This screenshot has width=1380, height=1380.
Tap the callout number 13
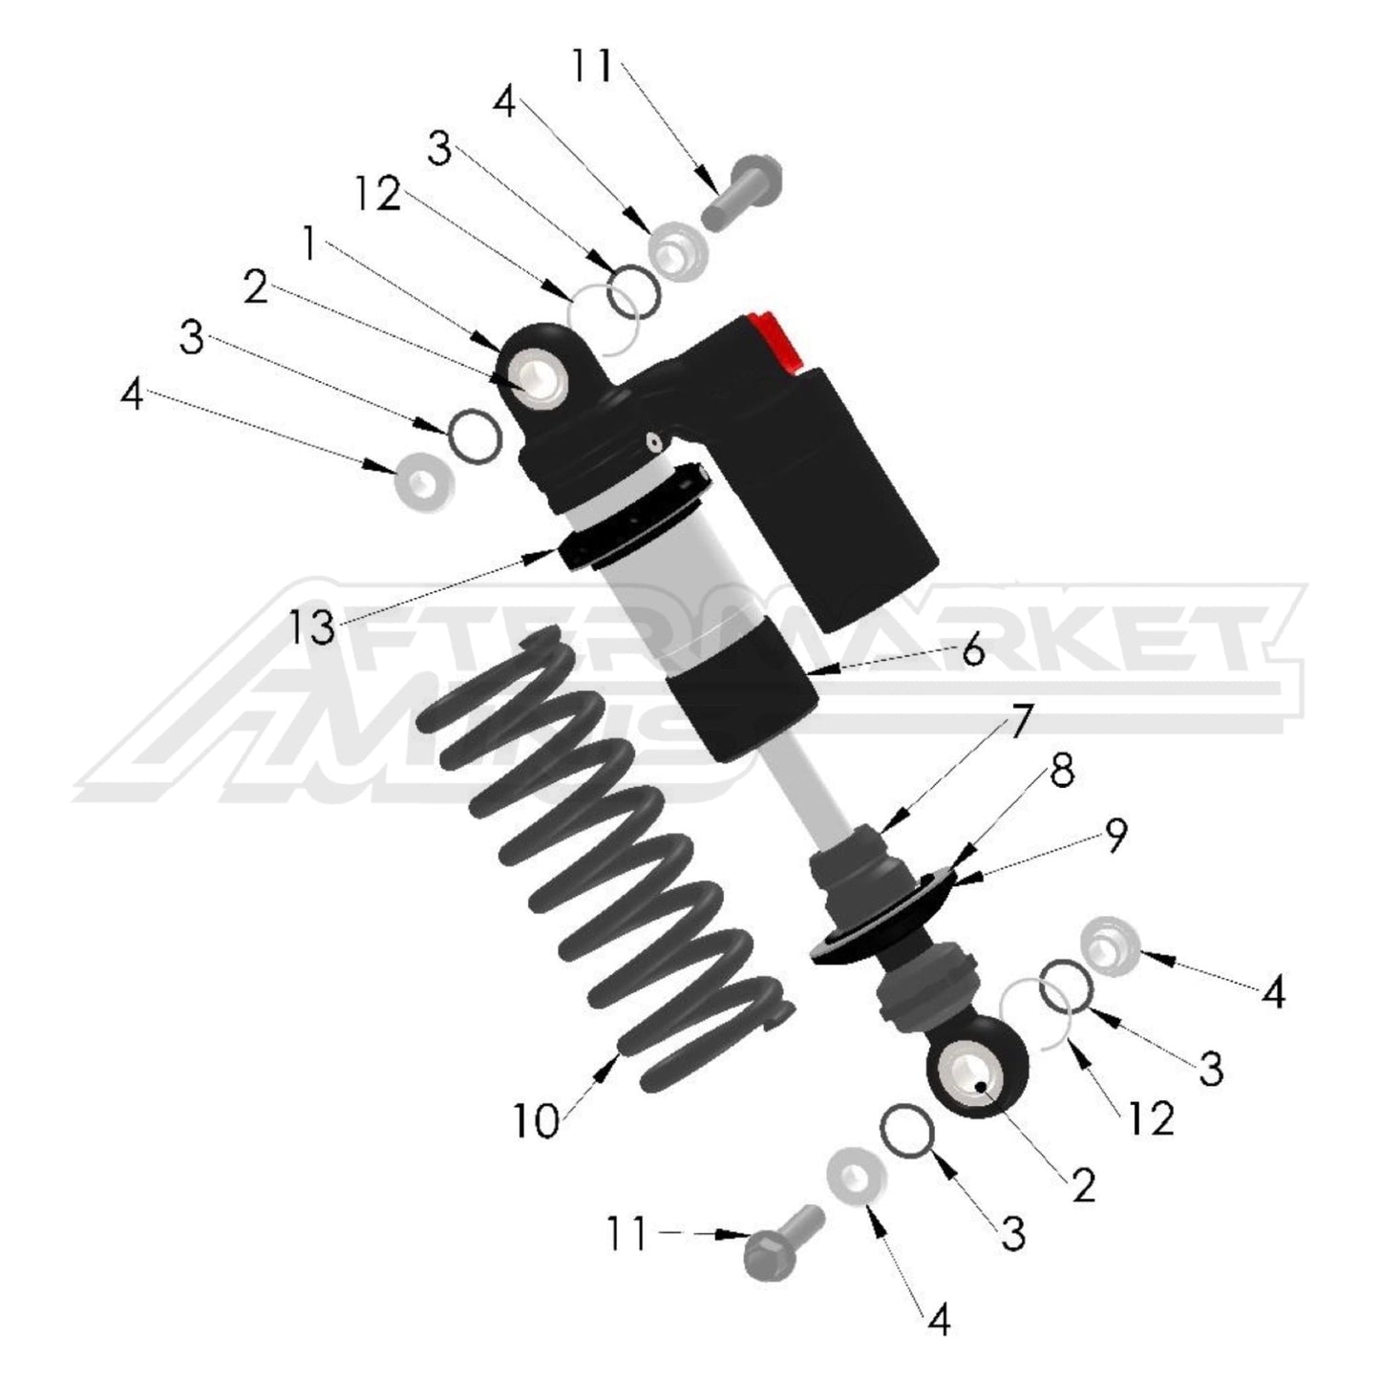[x=314, y=627]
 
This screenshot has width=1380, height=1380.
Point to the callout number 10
[x=536, y=1119]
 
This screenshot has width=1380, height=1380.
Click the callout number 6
[x=972, y=651]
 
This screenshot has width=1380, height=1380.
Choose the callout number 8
[x=1060, y=773]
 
